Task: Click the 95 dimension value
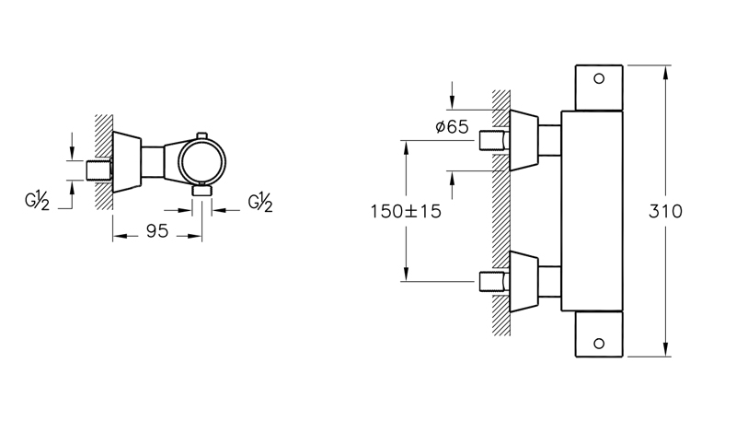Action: [157, 231]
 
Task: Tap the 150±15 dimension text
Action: [406, 211]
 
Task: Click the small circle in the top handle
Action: [600, 78]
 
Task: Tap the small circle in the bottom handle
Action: [600, 344]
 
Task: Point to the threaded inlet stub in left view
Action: [97, 171]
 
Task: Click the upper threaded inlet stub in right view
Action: [494, 143]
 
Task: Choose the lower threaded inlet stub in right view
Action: [494, 278]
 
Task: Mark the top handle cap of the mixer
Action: [600, 87]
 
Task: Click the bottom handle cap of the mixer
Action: [600, 335]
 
